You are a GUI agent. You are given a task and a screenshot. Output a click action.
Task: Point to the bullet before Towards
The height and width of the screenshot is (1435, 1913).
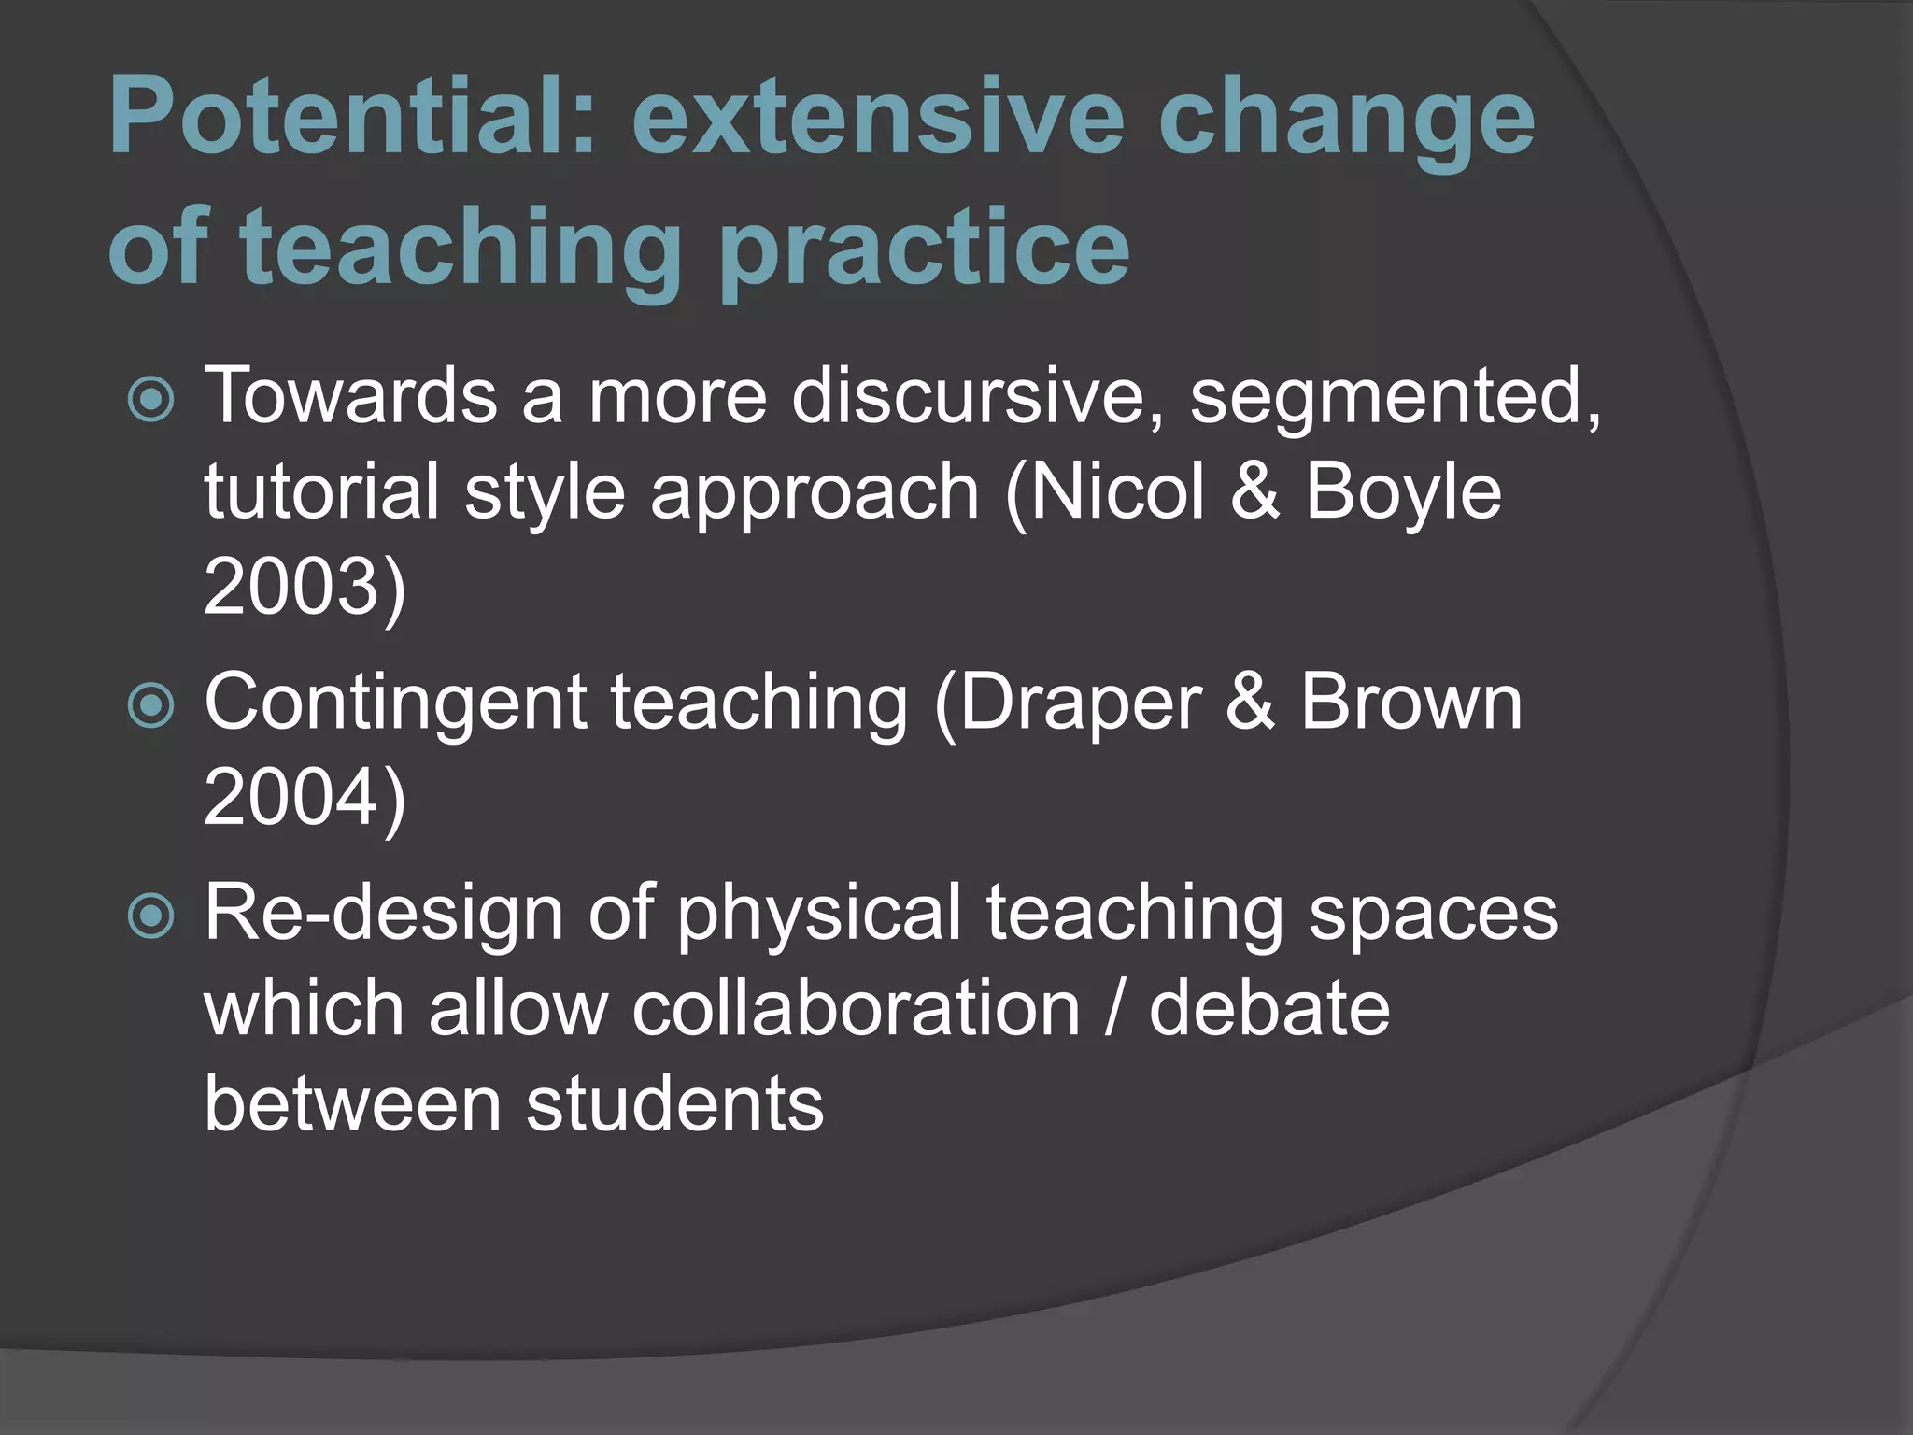(x=150, y=401)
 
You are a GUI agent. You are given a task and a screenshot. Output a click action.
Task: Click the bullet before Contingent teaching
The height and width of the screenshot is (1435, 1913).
(x=150, y=705)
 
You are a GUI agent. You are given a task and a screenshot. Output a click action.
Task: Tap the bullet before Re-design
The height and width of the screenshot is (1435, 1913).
(x=150, y=916)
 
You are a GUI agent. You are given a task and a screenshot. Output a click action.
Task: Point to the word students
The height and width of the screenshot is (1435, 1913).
(x=674, y=1103)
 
